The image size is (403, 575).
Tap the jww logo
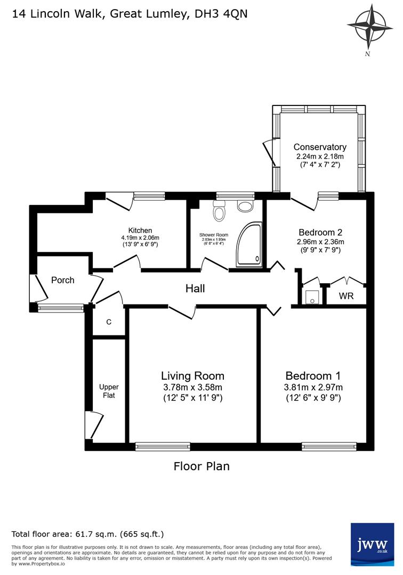372,544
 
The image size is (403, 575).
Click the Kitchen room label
140,231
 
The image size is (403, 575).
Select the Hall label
195,289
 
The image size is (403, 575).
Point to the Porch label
63,280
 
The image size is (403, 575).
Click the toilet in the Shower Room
219,211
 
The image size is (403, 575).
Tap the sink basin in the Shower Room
245,206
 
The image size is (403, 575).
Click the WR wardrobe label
346,295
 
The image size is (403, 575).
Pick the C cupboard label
109,322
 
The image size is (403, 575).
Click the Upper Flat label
109,391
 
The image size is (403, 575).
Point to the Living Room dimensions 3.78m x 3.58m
192,387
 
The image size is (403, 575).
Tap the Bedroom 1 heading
313,375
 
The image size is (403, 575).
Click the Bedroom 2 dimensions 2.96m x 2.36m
320,242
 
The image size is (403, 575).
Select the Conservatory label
320,147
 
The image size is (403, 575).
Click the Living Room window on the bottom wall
163,446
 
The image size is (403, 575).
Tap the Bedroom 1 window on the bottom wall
329,446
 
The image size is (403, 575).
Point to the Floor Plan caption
201,466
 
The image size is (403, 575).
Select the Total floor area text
88,534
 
